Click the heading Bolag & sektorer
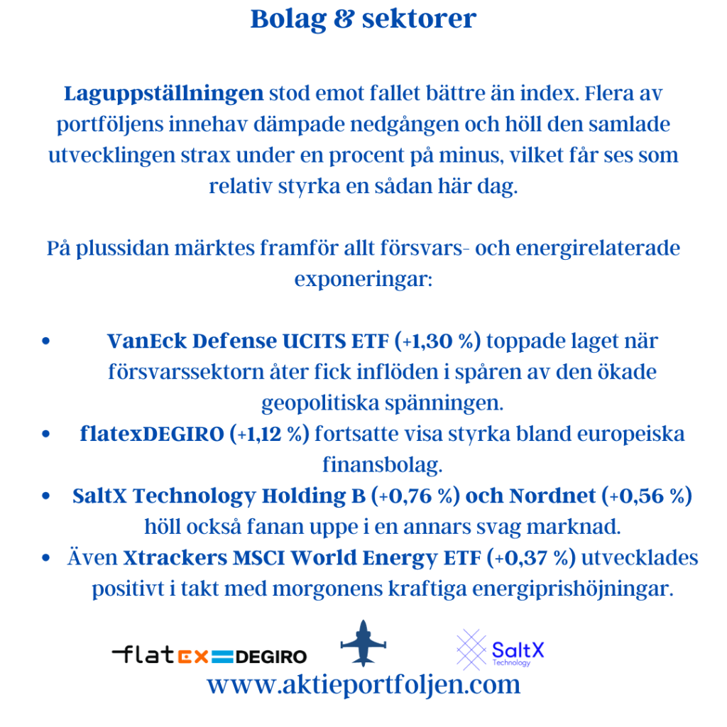(363, 19)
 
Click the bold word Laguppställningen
(164, 93)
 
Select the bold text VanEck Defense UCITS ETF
(249, 341)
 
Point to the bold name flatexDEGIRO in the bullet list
(152, 434)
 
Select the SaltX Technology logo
(500, 649)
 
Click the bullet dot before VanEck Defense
(46, 341)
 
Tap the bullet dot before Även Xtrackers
(46, 559)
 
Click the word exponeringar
(363, 278)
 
